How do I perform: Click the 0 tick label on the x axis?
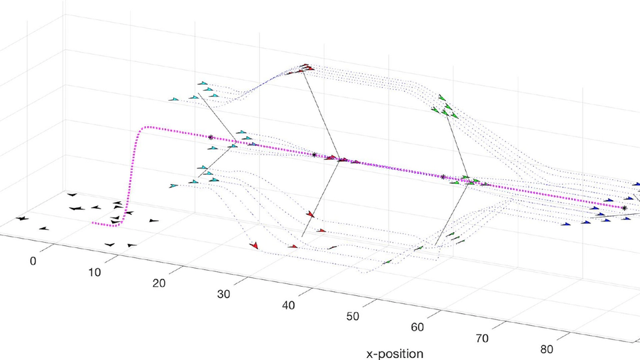click(33, 261)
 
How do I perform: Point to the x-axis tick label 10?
click(95, 272)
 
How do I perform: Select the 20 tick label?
click(159, 283)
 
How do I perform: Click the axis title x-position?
click(395, 353)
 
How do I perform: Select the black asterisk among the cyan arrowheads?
click(211, 137)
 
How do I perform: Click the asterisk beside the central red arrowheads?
click(315, 155)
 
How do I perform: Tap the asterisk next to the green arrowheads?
click(443, 177)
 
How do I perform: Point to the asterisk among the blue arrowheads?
click(625, 208)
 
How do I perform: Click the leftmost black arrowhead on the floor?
click(22, 218)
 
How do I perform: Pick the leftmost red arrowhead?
click(254, 245)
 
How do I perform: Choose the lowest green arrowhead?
click(387, 262)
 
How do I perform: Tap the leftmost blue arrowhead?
click(566, 225)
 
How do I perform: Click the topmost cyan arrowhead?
click(204, 83)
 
